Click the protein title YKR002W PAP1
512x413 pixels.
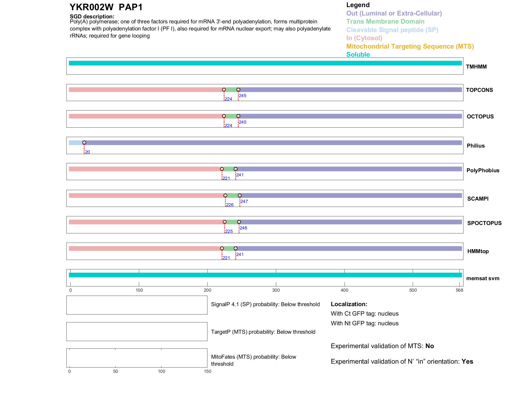[x=106, y=7]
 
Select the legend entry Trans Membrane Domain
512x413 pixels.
[x=385, y=22]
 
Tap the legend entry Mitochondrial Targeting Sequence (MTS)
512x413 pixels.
[x=410, y=46]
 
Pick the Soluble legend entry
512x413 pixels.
[x=358, y=55]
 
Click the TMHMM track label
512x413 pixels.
[x=476, y=67]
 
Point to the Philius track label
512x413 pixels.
[x=476, y=146]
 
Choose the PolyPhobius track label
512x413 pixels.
[x=483, y=170]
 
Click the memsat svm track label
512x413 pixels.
[x=483, y=278]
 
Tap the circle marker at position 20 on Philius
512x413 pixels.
[x=84, y=143]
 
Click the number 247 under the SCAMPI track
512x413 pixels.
[x=244, y=201]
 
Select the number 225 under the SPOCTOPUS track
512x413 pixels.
[x=229, y=231]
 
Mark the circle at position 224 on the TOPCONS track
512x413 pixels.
[x=224, y=90]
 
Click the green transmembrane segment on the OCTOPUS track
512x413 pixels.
[x=231, y=116]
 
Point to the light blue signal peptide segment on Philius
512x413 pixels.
[x=76, y=143]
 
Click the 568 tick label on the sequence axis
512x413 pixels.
[x=459, y=290]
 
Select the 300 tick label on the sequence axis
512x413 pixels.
[x=276, y=290]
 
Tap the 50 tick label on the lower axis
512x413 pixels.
[x=116, y=371]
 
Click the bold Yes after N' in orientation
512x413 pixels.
[x=467, y=362]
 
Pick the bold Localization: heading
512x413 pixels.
[x=349, y=304]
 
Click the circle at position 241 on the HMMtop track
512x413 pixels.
[x=236, y=248]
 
